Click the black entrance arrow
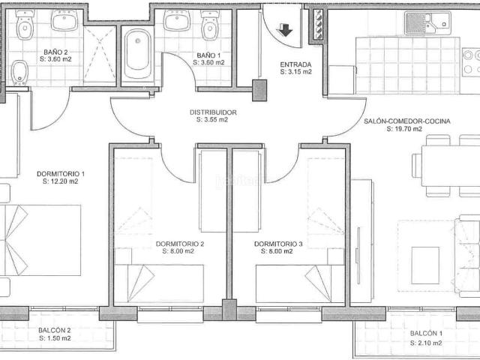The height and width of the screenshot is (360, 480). [x=284, y=30]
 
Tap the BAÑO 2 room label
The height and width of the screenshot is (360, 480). [x=55, y=52]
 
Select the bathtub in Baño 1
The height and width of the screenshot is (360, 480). [x=138, y=54]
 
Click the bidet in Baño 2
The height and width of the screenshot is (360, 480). [x=20, y=73]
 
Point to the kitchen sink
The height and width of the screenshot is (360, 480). [x=427, y=23]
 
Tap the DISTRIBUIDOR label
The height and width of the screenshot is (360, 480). [x=213, y=112]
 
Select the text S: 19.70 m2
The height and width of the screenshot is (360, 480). [x=404, y=129]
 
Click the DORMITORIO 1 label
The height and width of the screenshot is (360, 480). [x=61, y=174]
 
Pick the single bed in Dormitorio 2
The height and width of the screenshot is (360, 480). [x=159, y=283]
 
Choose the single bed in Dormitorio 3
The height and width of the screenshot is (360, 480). [x=300, y=283]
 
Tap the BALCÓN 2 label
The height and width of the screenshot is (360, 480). [x=55, y=331]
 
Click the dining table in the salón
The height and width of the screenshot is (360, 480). [x=451, y=166]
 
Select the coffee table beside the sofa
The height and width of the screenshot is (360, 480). [x=425, y=265]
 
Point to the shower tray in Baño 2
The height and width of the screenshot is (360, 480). [x=100, y=54]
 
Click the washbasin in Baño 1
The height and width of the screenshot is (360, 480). [x=177, y=20]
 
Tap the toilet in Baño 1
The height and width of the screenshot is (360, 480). [x=210, y=25]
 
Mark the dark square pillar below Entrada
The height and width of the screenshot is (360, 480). [x=259, y=90]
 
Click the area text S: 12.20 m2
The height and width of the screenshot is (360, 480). [x=61, y=181]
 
